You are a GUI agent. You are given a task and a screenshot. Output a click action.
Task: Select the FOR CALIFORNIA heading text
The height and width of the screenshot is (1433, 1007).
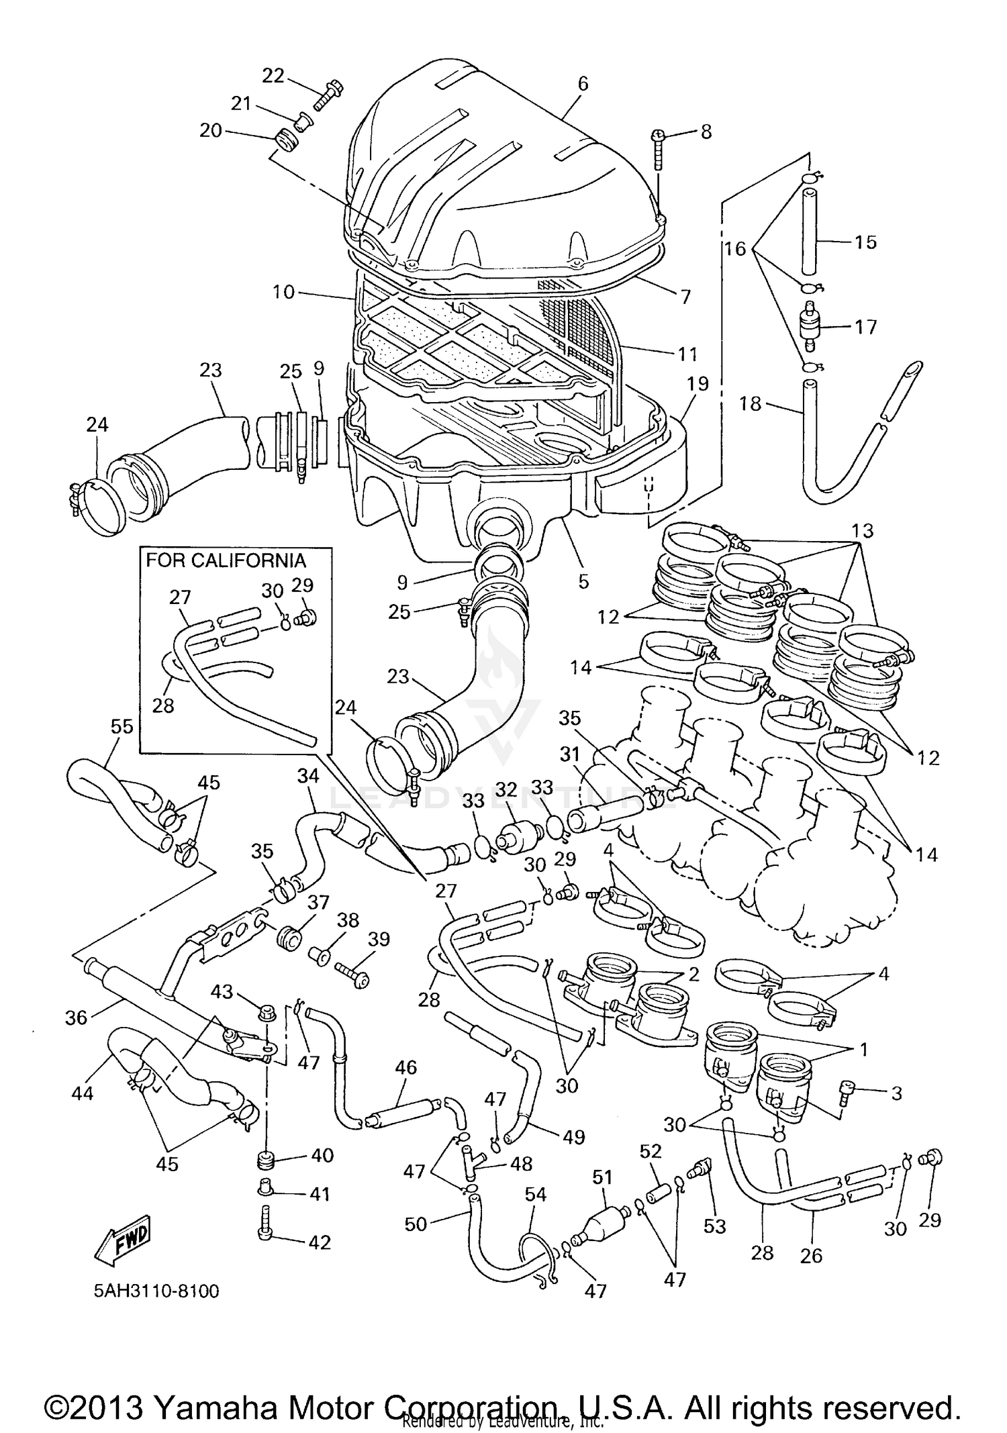click(226, 560)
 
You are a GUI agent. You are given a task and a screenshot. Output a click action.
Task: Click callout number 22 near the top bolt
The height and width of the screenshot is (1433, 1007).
click(273, 76)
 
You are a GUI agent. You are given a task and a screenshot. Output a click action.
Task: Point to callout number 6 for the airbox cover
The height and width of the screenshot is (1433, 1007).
click(583, 83)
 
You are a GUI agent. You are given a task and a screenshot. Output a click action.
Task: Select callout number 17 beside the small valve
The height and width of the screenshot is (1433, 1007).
click(865, 327)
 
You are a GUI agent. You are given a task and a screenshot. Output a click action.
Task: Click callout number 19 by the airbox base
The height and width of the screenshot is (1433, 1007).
click(698, 384)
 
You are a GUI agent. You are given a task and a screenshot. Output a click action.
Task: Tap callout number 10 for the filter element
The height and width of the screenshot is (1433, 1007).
click(284, 292)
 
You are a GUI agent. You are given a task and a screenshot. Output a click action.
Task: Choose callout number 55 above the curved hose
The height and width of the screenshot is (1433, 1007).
click(122, 727)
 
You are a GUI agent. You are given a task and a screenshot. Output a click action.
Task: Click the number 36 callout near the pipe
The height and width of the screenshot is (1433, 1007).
click(76, 1018)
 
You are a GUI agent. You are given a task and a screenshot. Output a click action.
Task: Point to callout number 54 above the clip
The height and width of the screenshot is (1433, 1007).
click(535, 1194)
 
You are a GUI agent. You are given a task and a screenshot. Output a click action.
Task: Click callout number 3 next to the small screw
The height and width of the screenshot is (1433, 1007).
click(897, 1093)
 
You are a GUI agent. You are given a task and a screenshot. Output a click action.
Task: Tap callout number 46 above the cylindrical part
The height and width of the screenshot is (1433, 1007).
click(406, 1067)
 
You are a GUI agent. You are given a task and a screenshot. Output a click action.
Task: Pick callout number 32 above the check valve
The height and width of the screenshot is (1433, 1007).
click(506, 790)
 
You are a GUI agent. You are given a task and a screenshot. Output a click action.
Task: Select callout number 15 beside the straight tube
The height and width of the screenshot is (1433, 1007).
click(865, 242)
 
